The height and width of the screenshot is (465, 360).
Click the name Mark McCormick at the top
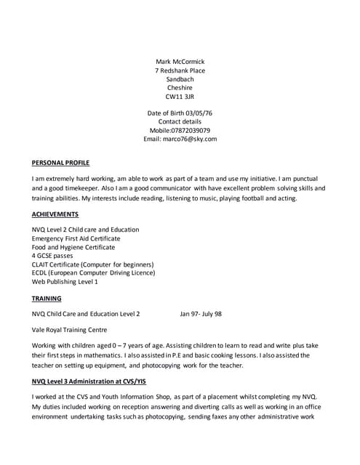[180, 62]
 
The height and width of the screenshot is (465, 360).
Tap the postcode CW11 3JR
[180, 97]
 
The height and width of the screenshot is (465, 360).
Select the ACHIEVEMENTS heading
[55, 215]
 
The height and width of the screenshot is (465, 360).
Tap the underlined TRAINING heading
[47, 299]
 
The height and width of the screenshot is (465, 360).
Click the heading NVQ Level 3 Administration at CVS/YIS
[84, 381]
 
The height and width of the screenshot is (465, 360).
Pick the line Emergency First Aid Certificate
[76, 238]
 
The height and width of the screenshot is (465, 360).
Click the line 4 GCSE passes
[52, 256]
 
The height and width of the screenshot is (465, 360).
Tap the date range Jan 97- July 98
[201, 315]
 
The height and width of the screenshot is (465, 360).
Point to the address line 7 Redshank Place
[180, 70]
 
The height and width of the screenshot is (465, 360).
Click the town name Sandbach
[180, 79]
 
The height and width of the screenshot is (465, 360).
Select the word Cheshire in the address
[180, 88]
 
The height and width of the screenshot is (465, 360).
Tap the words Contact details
[180, 122]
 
